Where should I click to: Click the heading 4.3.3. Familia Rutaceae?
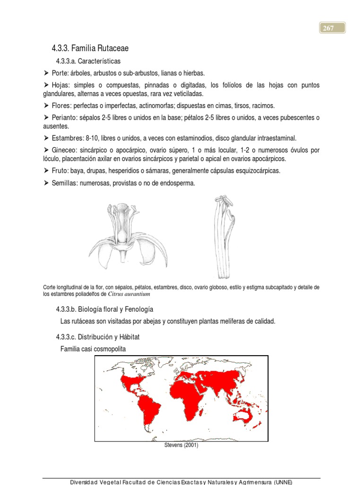pyautogui.click(x=90, y=48)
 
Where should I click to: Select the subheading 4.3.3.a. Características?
pyautogui.click(x=88, y=61)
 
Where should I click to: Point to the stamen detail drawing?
pyautogui.click(x=224, y=236)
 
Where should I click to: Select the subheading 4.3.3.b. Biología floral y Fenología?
pyautogui.click(x=105, y=309)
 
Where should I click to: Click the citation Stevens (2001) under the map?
pyautogui.click(x=181, y=446)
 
